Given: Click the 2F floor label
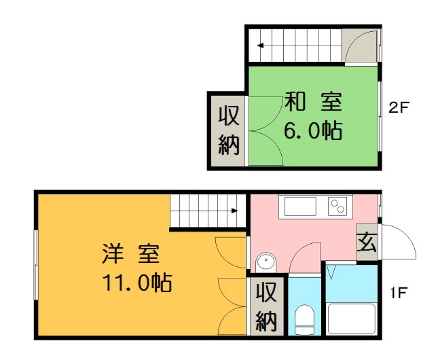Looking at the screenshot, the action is click(x=399, y=107).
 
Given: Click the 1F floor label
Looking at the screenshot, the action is click(x=399, y=293).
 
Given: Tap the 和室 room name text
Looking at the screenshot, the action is click(x=313, y=102).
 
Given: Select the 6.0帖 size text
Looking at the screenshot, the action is click(x=313, y=130).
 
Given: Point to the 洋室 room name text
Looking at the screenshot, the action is click(x=131, y=253).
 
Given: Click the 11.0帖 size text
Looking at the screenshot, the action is click(x=137, y=282).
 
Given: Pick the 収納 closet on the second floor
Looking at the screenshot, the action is click(x=228, y=130).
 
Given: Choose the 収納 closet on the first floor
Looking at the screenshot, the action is click(x=266, y=306).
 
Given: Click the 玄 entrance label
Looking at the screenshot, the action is click(x=367, y=242).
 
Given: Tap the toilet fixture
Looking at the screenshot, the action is click(x=304, y=320).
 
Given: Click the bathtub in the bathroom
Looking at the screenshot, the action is click(x=352, y=319).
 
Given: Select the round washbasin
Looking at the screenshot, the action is click(x=266, y=262).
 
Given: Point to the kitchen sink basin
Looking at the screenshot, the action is click(x=300, y=206).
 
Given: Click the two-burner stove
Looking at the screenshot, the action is click(x=337, y=206).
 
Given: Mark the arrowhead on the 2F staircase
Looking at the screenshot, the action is click(x=260, y=46).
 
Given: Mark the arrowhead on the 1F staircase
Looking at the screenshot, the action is click(x=235, y=211).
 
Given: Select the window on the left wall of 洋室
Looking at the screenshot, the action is click(x=36, y=265).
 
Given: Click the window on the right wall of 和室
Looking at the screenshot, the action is click(x=380, y=116).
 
